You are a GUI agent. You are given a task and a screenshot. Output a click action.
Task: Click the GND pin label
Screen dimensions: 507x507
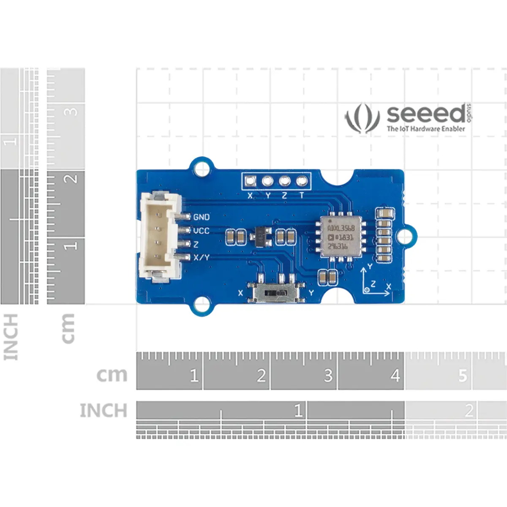[x=201, y=217]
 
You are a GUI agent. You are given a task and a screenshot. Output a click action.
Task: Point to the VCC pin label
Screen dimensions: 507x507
[x=201, y=231]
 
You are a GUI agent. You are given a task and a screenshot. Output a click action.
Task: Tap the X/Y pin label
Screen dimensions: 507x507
[x=201, y=257]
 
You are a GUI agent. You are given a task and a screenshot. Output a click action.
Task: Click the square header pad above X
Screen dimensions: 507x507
[x=250, y=182]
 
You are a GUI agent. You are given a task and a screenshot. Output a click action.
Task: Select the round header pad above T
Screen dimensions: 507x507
[x=302, y=182]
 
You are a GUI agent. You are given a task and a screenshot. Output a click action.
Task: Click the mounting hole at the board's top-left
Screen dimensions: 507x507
[x=202, y=167]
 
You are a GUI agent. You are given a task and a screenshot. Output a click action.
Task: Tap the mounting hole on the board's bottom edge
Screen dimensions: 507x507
[x=202, y=304]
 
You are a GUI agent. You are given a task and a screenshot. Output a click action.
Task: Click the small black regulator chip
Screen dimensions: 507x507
[x=260, y=235]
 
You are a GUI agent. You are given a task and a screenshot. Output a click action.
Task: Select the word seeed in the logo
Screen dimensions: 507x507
[x=426, y=114]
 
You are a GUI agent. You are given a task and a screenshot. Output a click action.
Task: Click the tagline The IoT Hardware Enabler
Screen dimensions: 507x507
[x=426, y=129]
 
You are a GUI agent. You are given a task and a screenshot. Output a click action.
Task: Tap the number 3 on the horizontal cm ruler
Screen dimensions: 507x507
[x=328, y=376]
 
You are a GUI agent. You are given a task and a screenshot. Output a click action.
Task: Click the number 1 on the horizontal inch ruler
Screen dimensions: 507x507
[x=298, y=410]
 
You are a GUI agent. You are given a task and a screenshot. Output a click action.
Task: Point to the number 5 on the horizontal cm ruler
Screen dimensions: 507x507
[x=463, y=376]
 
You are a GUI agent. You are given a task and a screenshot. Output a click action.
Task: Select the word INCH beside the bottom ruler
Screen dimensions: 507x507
[x=104, y=410]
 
